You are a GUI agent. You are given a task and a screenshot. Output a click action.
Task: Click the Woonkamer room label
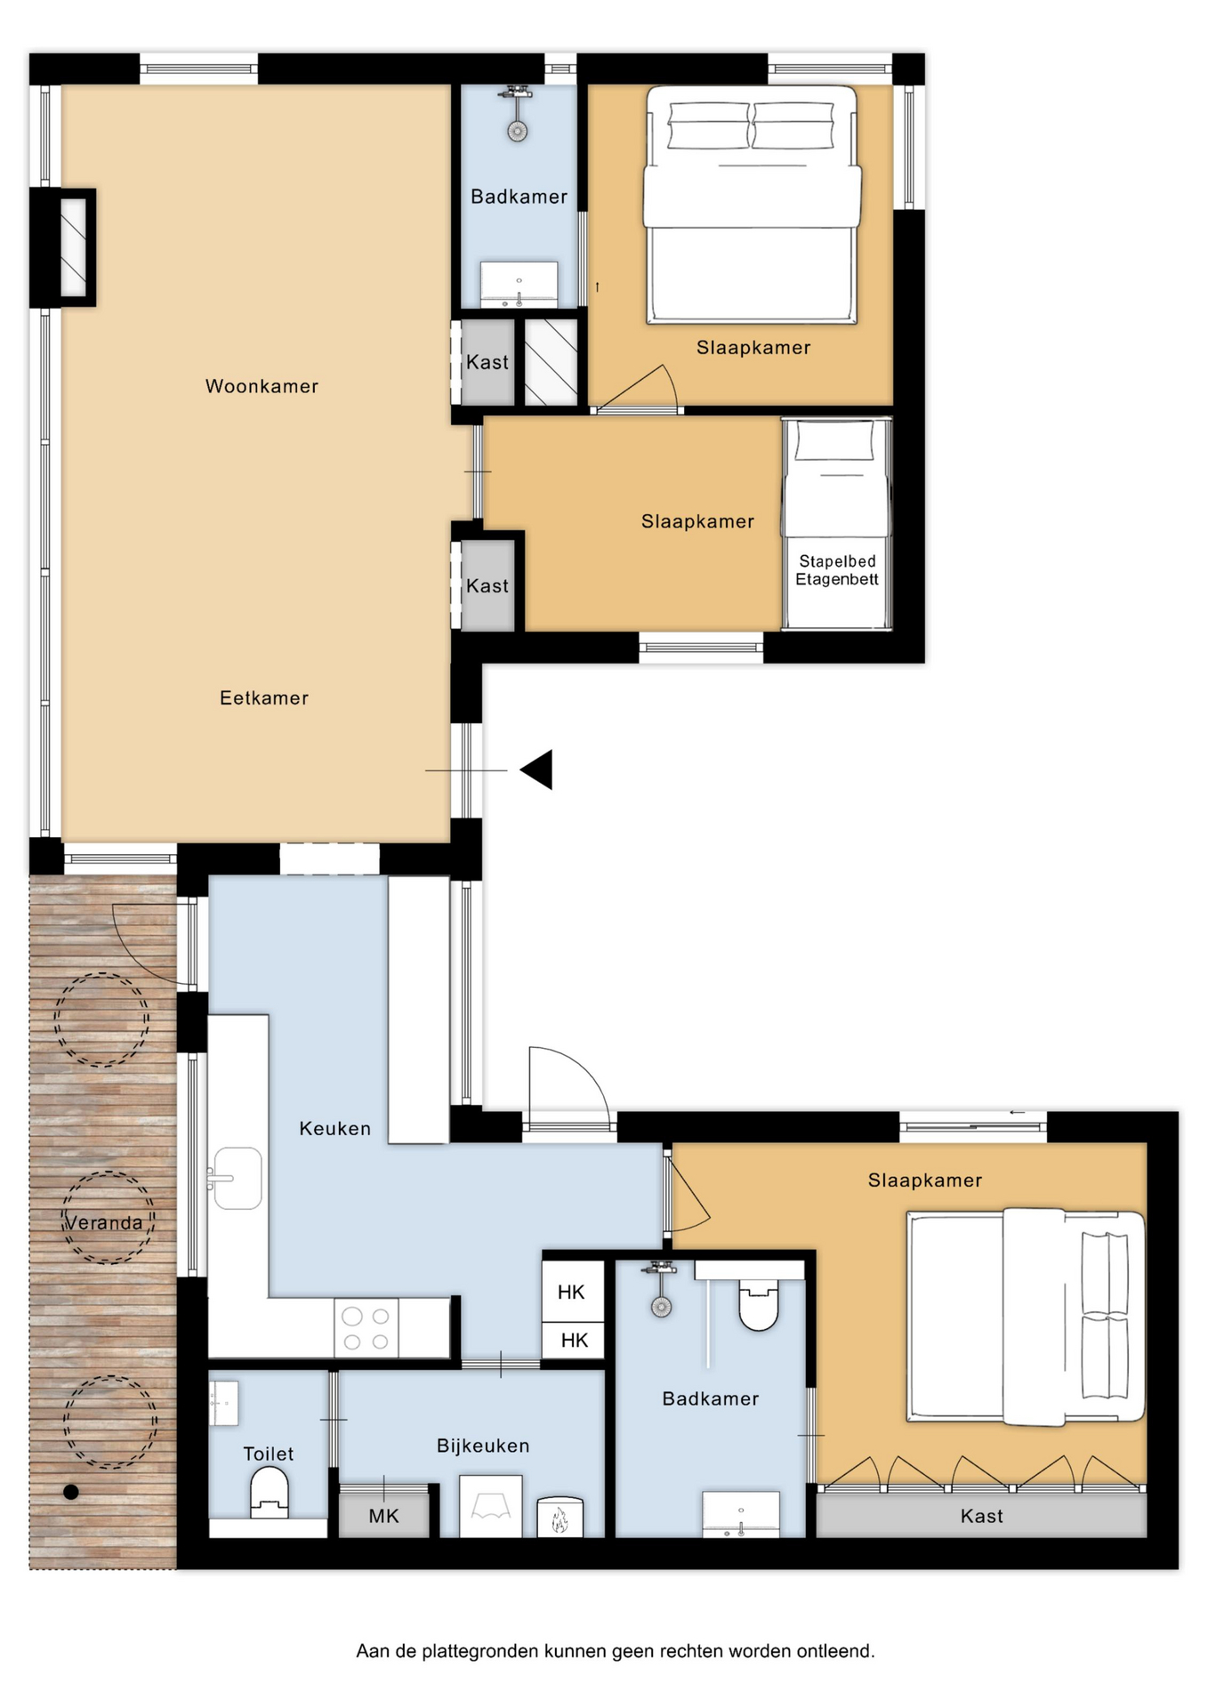262,386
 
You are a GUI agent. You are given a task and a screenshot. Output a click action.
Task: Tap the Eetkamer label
264,698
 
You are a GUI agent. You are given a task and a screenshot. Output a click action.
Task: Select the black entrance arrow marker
536,769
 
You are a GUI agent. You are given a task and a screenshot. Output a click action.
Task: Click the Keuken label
334,1129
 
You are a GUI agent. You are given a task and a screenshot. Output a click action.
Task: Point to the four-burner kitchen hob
366,1328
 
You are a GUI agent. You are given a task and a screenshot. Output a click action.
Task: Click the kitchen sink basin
238,1178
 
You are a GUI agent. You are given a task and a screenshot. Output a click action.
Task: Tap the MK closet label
383,1516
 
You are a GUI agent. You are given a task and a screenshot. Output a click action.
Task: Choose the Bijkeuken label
483,1446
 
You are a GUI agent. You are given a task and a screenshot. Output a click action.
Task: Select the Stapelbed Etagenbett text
837,570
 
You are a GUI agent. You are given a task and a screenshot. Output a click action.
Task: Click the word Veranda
105,1223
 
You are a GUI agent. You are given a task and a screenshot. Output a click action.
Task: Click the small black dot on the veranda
71,1492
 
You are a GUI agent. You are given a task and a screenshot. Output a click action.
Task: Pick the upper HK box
571,1292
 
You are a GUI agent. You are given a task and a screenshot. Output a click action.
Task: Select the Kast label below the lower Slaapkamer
982,1516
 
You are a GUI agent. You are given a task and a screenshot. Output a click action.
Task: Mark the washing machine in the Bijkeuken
490,1505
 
